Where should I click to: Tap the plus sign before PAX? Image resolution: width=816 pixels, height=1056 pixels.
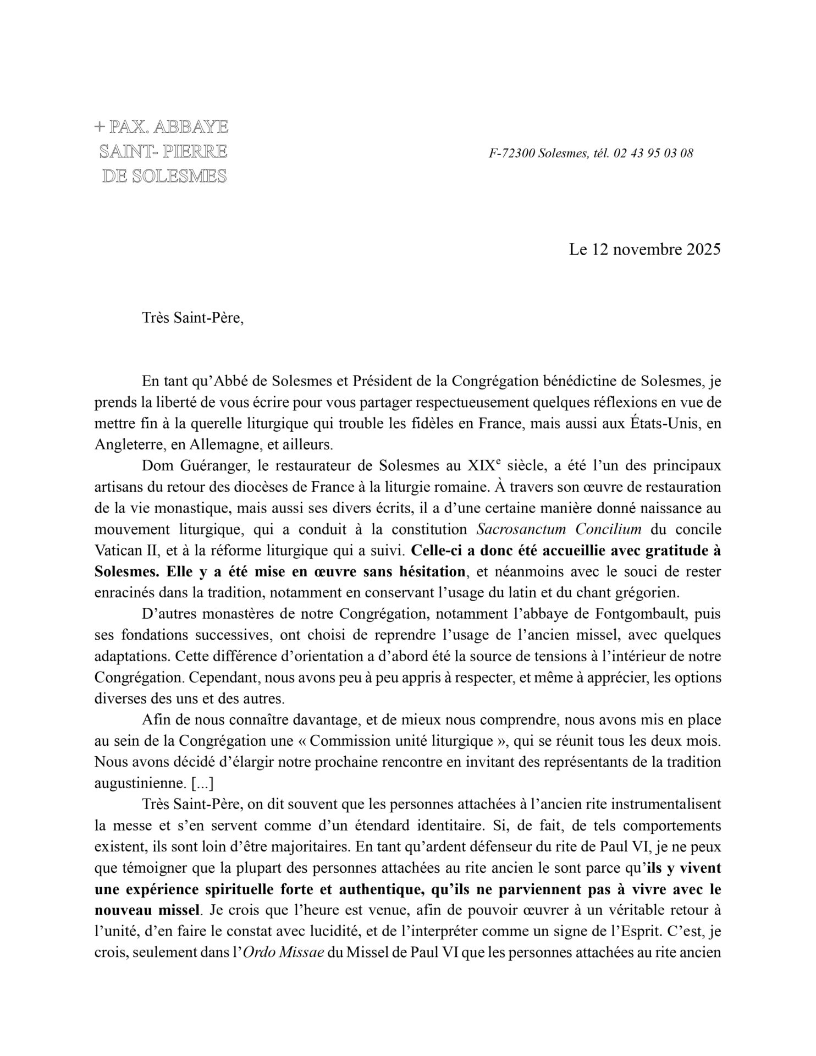(x=99, y=127)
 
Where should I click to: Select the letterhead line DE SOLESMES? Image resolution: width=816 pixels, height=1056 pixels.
(x=164, y=176)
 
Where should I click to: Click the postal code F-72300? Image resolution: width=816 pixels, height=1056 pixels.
(x=511, y=153)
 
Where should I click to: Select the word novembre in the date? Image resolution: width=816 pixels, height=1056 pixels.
(x=641, y=250)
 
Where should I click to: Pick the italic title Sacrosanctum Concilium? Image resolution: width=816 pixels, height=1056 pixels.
(x=559, y=530)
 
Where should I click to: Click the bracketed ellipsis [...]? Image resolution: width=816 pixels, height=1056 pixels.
(x=202, y=783)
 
